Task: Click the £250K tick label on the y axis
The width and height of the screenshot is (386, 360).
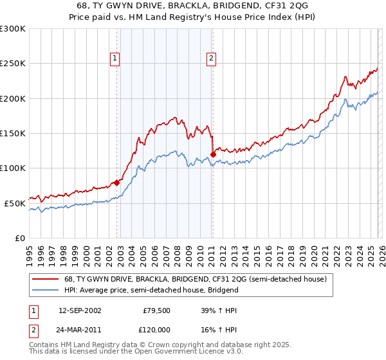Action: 12,64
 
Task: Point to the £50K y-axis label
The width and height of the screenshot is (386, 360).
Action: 14,203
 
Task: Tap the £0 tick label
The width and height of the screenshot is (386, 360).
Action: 19,238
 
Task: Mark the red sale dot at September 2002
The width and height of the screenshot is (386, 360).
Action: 117,183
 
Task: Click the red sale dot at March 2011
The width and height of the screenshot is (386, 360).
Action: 213,154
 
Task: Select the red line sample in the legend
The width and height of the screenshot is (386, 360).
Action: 46,279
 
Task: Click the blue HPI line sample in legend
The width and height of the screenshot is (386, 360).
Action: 46,290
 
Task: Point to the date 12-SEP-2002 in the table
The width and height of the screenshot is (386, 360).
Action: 80,310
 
